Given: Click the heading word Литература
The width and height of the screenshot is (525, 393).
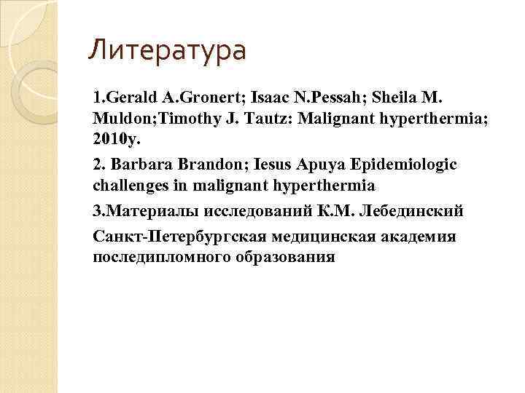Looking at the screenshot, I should coord(167,51).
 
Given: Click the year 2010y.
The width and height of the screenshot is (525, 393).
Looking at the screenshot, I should coord(118,138).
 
